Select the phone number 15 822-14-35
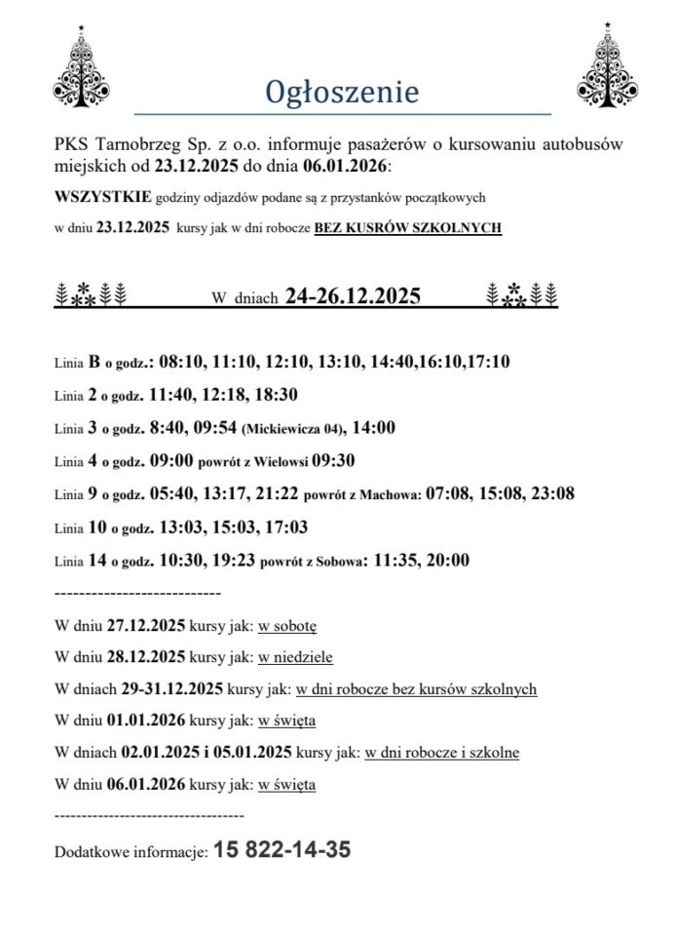point(282,850)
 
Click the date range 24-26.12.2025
point(354,296)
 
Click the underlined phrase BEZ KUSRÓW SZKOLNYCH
point(407,228)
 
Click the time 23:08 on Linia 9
point(549,494)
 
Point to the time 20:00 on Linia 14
point(446,561)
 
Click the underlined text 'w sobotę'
point(287,625)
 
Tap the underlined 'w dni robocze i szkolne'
point(441,753)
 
